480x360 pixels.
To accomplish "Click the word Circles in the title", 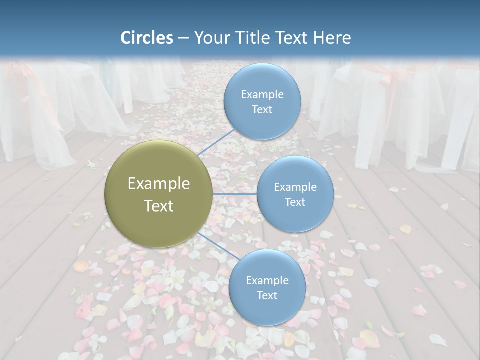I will [147, 38].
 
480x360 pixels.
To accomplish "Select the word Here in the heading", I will [331, 38].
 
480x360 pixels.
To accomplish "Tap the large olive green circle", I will [159, 194].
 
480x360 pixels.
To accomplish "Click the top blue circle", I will [262, 102].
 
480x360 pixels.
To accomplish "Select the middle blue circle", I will [295, 194].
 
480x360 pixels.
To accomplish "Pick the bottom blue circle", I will [267, 288].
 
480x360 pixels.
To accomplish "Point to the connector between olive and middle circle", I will [235, 194].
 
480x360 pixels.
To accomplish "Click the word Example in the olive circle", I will [159, 183].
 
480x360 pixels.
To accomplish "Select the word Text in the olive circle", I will [159, 206].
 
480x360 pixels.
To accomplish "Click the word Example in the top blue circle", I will [262, 94].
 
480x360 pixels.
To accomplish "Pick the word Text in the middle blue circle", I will [295, 202].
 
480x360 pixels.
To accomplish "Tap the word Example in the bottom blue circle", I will [267, 280].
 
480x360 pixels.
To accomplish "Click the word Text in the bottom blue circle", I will [267, 295].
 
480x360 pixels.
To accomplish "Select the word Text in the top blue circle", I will [262, 109].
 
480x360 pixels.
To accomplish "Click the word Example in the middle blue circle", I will [295, 187].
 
